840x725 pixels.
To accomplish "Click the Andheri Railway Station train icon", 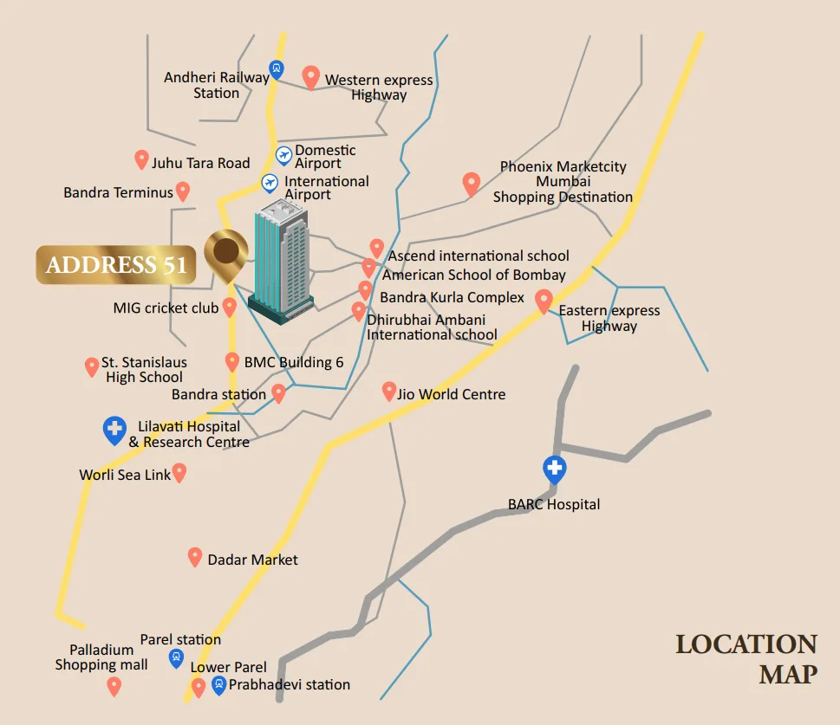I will [x=277, y=69].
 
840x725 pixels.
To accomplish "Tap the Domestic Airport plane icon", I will [x=283, y=155].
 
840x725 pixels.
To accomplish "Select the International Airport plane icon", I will [x=270, y=183].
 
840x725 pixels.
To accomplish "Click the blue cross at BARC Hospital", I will [x=554, y=469].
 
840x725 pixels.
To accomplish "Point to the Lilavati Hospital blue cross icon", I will [x=114, y=430].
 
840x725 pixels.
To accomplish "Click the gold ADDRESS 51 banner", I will [x=116, y=265].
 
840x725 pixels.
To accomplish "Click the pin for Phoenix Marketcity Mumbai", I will [x=471, y=184].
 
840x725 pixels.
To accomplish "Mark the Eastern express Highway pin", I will [x=544, y=301].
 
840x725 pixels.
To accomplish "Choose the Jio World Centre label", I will [x=451, y=394].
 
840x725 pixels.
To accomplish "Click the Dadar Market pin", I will [x=195, y=557].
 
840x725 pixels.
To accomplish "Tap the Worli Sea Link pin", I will [x=179, y=472].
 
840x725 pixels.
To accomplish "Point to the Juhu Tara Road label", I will [x=200, y=163].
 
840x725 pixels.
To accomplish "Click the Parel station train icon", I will [x=176, y=658].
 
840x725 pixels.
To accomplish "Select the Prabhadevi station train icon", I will [x=218, y=685].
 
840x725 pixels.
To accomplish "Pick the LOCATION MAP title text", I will [x=746, y=658].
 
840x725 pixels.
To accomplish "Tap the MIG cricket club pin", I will [x=230, y=306].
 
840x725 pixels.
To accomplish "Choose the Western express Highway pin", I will [x=310, y=77].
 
